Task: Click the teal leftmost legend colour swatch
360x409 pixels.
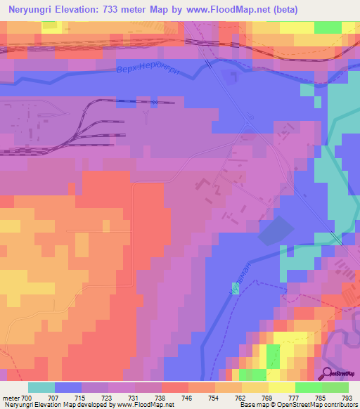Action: pyautogui.click(x=41, y=387)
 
